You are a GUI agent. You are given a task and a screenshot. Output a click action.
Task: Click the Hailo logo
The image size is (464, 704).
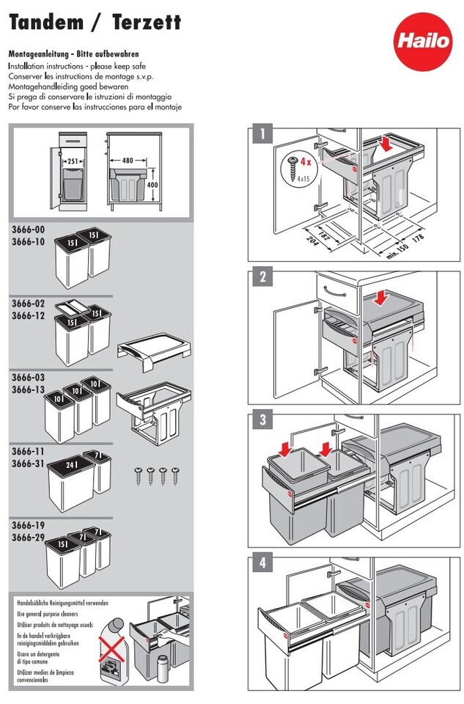(x=430, y=40)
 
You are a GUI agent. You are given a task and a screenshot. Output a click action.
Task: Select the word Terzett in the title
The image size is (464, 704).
(x=147, y=23)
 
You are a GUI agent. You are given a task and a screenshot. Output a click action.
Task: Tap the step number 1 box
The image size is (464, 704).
(x=260, y=134)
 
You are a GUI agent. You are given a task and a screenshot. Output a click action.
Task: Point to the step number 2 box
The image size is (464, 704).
(x=260, y=278)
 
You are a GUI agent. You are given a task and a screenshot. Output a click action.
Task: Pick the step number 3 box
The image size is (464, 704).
(x=260, y=420)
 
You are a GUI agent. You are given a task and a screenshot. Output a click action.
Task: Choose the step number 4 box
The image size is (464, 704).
(x=260, y=563)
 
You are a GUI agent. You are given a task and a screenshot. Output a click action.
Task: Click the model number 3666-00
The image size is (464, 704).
(x=28, y=230)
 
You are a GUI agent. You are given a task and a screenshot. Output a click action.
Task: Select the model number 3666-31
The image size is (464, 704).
(x=28, y=463)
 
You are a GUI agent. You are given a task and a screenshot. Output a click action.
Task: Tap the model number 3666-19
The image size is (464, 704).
(x=28, y=525)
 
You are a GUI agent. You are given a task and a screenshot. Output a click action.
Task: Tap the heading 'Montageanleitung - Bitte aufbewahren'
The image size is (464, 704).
(x=73, y=54)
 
